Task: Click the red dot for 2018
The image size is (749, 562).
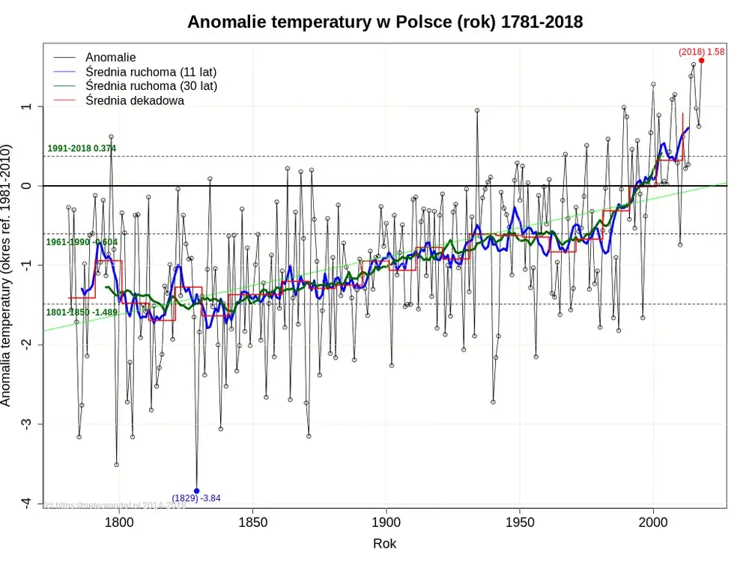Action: (702, 61)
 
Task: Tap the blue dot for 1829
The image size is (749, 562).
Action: (197, 491)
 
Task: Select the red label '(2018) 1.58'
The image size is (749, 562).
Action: (702, 52)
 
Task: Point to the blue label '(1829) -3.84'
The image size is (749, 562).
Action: (196, 499)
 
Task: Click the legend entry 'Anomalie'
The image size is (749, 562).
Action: (110, 57)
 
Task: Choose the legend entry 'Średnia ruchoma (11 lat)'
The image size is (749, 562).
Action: (151, 72)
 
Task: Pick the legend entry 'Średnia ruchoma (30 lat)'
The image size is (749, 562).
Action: (151, 86)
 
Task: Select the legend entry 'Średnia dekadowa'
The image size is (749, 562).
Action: (134, 100)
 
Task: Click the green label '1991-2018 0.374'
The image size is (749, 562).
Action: (82, 148)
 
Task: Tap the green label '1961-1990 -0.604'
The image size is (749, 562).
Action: (82, 242)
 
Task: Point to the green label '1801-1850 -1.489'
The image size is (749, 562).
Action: (82, 312)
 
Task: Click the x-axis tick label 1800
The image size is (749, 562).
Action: (118, 522)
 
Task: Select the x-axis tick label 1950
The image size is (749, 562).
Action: (520, 522)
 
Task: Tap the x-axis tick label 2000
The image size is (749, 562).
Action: (653, 522)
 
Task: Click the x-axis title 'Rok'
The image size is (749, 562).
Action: (384, 543)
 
